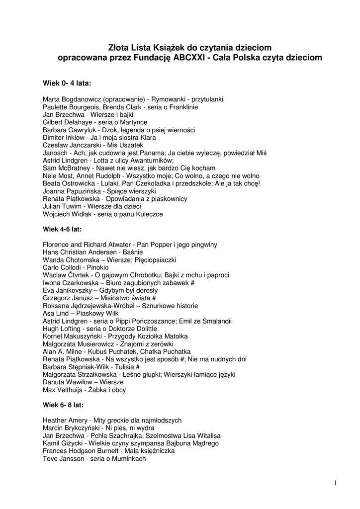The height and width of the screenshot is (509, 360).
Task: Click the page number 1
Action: (x=336, y=483)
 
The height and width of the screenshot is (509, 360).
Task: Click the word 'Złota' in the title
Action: (x=119, y=47)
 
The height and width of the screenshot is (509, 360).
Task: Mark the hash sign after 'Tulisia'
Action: (x=137, y=367)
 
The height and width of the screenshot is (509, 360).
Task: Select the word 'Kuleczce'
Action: (x=149, y=214)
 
